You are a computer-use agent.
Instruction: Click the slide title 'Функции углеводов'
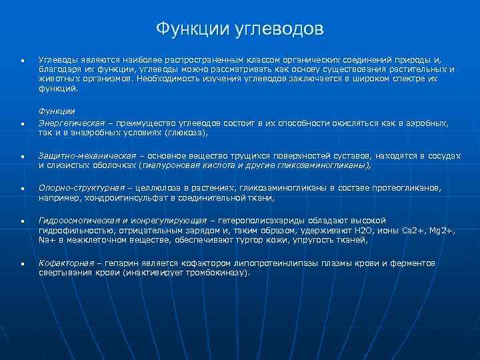[240, 29]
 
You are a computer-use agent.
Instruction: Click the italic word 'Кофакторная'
[63, 263]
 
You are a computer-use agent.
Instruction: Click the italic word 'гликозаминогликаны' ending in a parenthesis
[331, 165]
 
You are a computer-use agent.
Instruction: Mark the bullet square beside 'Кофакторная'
[23, 264]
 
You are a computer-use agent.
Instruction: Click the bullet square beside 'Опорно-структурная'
[23, 189]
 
